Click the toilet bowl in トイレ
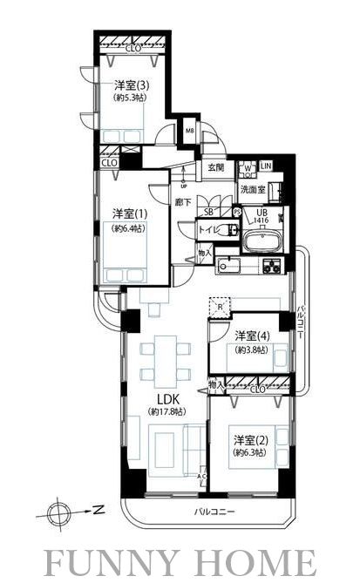tap(229, 231)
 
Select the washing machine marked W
tap(247, 167)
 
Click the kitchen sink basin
tap(228, 265)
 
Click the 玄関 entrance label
tap(215, 167)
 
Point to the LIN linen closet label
tap(265, 166)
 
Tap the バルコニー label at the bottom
tap(214, 513)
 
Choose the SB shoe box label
tap(208, 212)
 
